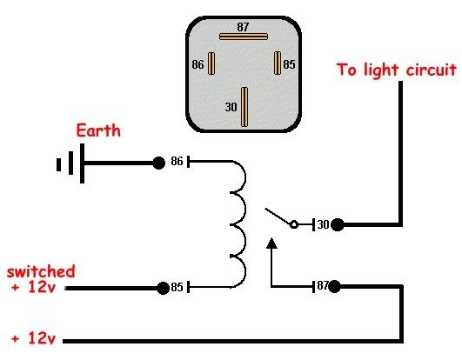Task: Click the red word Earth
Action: tap(98, 131)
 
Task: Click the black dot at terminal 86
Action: tap(158, 163)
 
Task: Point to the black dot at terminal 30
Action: tap(337, 225)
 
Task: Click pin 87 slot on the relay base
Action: tap(244, 37)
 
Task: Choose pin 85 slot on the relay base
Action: tap(278, 63)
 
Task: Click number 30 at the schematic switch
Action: tap(322, 225)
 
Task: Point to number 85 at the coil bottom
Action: tap(177, 287)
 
